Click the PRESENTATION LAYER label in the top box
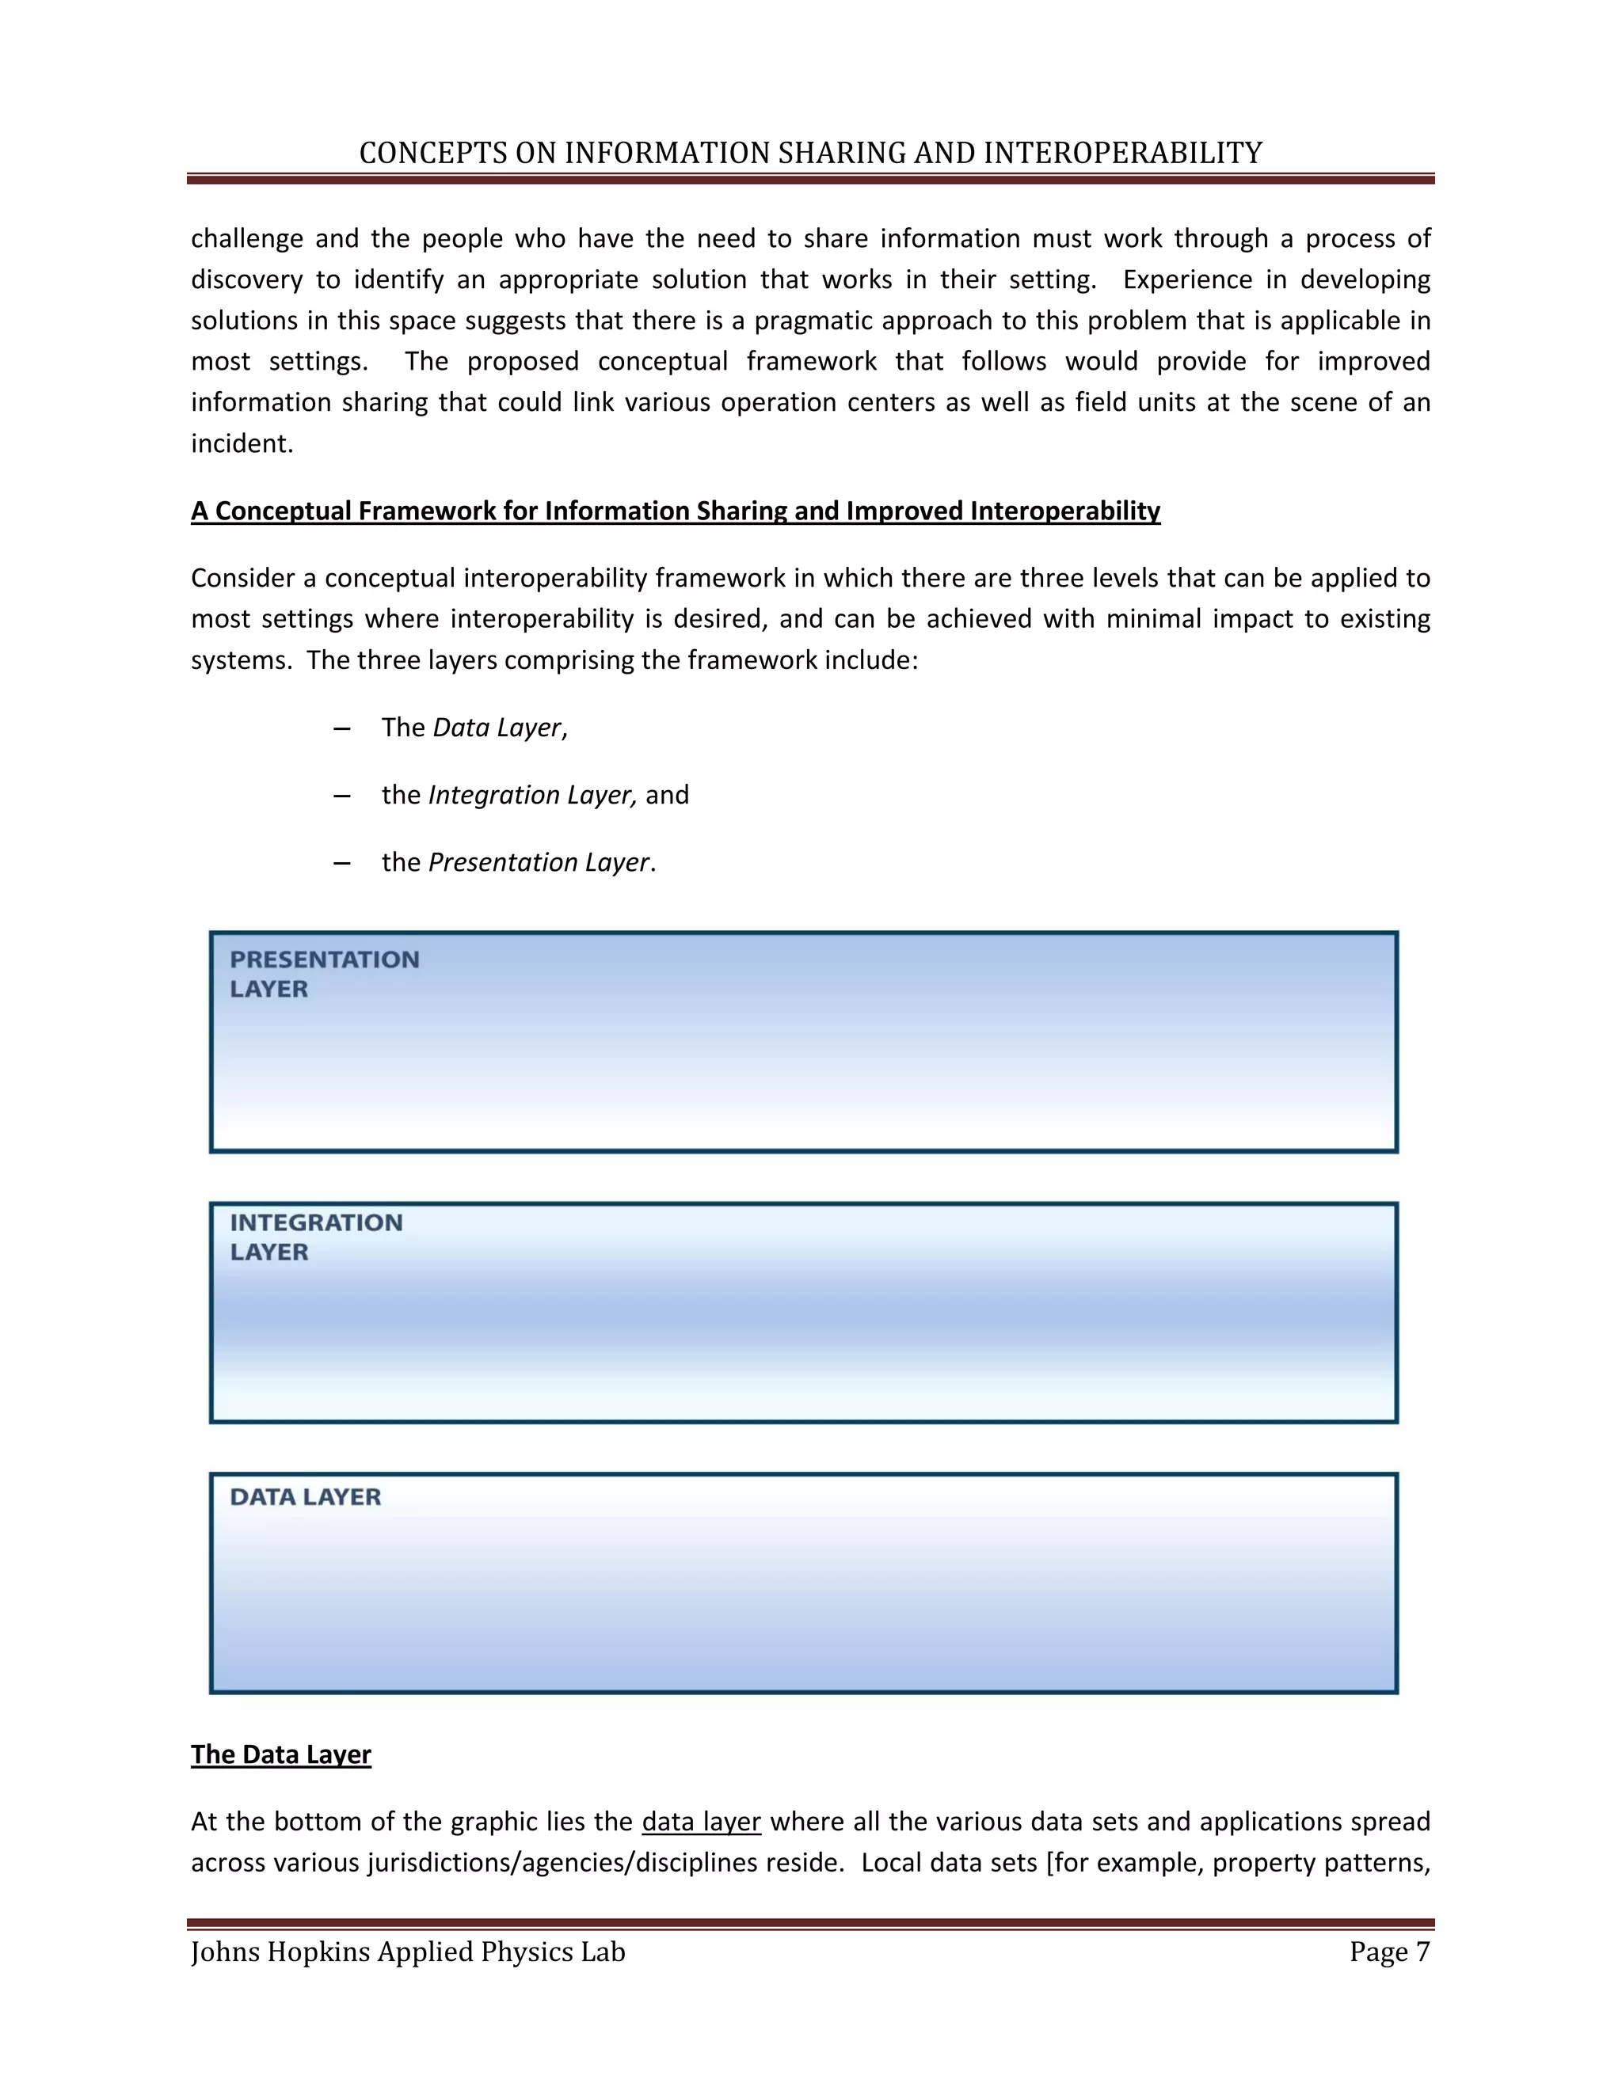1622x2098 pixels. [x=324, y=973]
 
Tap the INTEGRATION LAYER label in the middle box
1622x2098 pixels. [x=315, y=1237]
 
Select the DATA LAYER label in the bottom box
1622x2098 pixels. [x=305, y=1496]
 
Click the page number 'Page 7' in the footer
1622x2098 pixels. [x=1388, y=1952]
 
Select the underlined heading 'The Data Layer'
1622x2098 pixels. [x=280, y=1754]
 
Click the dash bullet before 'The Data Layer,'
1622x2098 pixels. [x=341, y=728]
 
